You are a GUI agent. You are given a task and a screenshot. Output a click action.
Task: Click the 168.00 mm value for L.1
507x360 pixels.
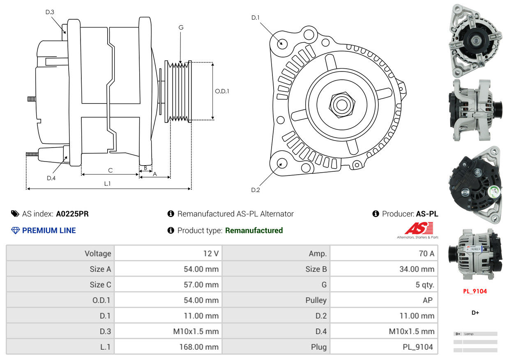pos(198,347)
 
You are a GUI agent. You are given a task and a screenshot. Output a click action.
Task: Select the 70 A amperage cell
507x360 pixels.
pos(426,253)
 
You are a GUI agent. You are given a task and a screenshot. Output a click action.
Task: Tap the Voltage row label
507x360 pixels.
pos(98,253)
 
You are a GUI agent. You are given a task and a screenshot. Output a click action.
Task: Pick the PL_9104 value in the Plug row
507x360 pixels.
pos(417,347)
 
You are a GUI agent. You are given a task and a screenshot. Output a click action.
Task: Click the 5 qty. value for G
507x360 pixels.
pos(424,284)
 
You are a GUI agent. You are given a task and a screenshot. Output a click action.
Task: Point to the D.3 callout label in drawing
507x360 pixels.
pos(50,12)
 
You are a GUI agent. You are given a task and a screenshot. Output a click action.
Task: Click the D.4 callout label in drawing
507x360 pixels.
pos(51,178)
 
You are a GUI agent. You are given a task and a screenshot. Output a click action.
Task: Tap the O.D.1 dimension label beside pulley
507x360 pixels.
pos(222,91)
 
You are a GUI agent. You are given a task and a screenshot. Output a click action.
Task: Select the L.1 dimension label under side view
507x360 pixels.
pos(107,184)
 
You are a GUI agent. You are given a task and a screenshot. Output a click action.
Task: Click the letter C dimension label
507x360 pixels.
pos(110,170)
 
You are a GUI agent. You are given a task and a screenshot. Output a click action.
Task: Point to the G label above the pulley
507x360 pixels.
pos(181,28)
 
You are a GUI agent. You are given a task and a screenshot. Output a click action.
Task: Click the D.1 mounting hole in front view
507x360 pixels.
pos(282,43)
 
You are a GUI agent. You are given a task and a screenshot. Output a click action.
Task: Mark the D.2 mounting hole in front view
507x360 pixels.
pos(281,164)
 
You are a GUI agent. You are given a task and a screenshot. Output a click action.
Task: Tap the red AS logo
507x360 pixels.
pos(419,228)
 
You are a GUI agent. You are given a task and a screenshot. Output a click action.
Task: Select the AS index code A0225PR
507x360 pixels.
pos(72,214)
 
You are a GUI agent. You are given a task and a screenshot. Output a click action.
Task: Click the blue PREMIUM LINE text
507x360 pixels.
pos(49,231)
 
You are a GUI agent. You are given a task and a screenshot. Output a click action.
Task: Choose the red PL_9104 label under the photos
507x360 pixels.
pos(475,291)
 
